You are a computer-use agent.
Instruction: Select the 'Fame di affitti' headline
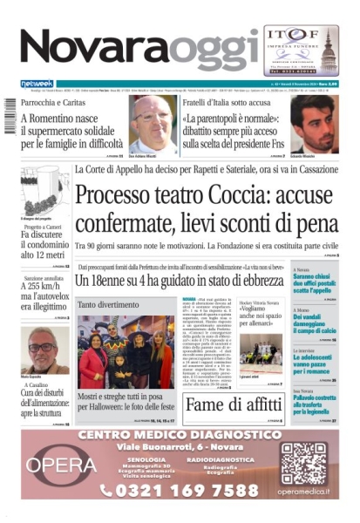(x=234, y=405)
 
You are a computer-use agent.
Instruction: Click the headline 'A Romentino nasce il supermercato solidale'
(x=70, y=129)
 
